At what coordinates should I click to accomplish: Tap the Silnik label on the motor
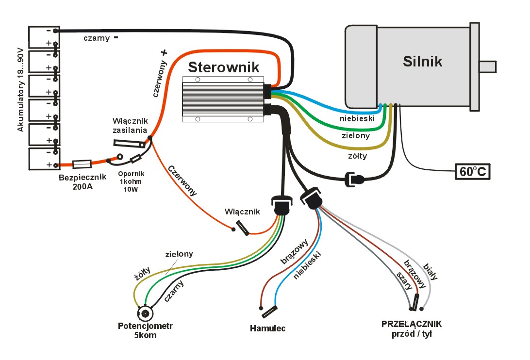click(x=422, y=61)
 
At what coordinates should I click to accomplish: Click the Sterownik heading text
click(x=224, y=66)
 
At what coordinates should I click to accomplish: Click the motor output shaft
click(x=487, y=66)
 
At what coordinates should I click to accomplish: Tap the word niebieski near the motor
click(x=357, y=118)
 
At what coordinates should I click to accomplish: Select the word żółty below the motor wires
click(x=357, y=156)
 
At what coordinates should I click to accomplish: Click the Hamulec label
click(x=267, y=328)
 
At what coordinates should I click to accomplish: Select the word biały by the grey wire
click(x=431, y=272)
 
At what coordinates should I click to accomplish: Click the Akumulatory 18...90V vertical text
click(x=20, y=90)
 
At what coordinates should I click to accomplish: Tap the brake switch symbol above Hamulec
click(x=268, y=311)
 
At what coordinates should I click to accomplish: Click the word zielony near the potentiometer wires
click(x=179, y=254)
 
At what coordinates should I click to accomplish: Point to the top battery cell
click(x=44, y=37)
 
